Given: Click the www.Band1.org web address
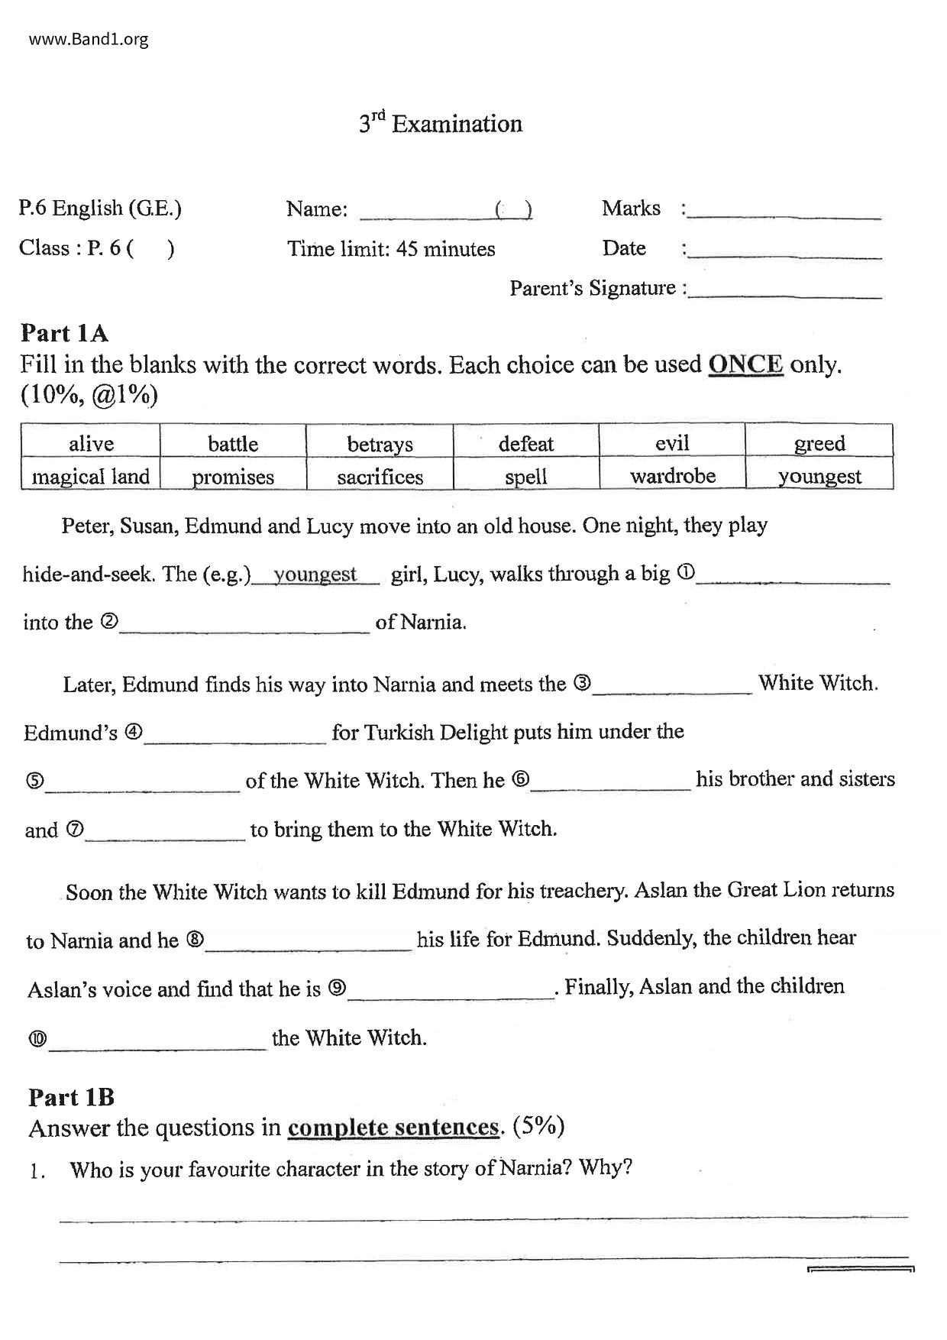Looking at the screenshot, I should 89,39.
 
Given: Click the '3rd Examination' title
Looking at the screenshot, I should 441,124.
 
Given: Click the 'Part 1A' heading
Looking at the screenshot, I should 64,333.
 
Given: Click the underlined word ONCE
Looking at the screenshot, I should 745,364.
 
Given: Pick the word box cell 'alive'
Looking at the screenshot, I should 91,443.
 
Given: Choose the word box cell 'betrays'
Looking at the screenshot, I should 380,443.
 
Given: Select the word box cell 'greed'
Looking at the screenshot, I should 819,443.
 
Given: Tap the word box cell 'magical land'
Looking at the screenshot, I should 91,477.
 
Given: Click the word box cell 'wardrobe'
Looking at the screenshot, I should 673,476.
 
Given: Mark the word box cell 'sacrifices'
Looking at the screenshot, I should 380,477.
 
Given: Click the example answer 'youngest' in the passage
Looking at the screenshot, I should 315,575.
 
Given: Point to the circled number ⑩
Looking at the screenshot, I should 37,1039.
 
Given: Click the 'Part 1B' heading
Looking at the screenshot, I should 71,1097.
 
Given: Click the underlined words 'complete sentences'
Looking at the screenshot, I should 393,1128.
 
